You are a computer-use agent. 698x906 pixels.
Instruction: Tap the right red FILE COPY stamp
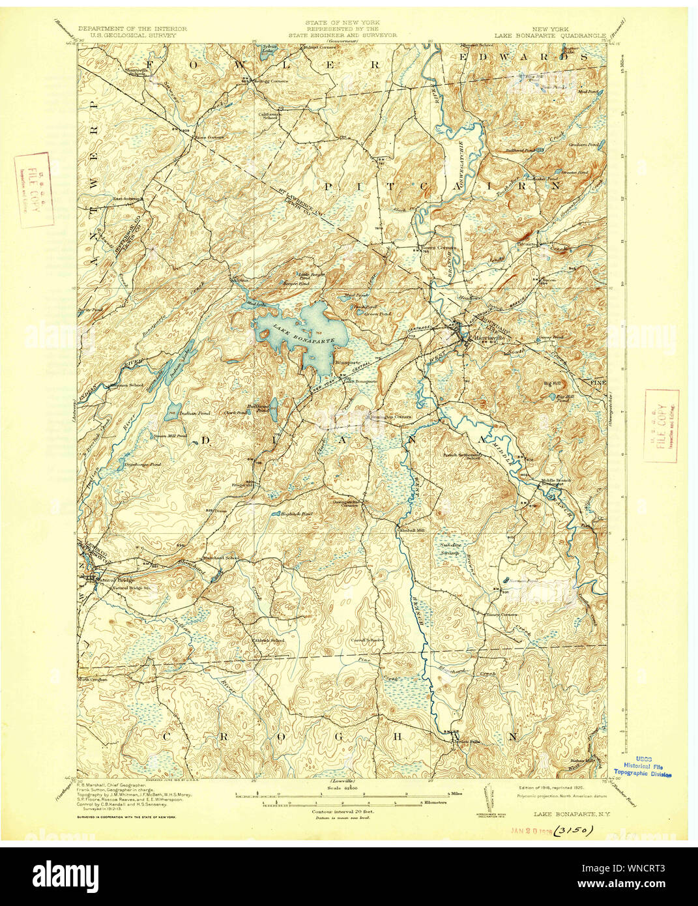click(x=662, y=426)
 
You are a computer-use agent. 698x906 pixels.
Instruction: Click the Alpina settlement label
click(x=240, y=281)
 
